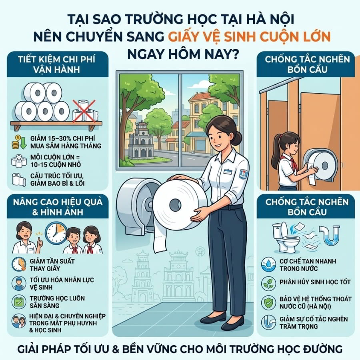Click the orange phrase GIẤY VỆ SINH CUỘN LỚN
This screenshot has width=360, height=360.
[x=249, y=36]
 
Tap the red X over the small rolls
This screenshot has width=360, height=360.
[x=84, y=111]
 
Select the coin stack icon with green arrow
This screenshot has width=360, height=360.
[x=19, y=142]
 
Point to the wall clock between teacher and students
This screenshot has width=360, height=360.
[x=56, y=233]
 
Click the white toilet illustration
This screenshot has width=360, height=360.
[x=285, y=238]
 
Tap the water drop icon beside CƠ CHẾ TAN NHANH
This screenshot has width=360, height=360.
[x=268, y=264]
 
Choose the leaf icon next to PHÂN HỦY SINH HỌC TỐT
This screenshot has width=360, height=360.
[x=268, y=283]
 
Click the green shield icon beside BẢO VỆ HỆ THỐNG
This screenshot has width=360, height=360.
[x=268, y=302]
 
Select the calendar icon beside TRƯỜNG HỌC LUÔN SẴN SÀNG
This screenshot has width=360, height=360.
[x=19, y=302]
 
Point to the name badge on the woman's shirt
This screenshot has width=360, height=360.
[x=228, y=172]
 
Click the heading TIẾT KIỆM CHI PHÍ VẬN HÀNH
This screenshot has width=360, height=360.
[x=57, y=64]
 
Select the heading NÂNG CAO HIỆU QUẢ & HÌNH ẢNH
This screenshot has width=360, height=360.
[x=58, y=207]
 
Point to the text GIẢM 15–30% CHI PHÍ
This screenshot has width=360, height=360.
[x=63, y=138]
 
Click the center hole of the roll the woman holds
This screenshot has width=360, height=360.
[x=175, y=204]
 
